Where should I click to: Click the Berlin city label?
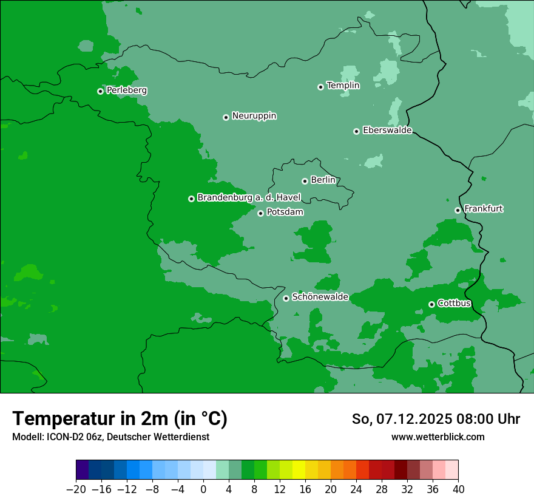point(323,180)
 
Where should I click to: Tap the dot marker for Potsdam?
point(260,213)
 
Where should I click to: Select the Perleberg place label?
point(126,90)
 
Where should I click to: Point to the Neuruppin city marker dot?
point(226,117)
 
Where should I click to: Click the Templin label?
point(343,86)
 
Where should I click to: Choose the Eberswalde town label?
point(387,131)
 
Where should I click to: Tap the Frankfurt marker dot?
point(458,210)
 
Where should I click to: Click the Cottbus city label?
point(454,303)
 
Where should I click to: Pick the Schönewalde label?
point(320,297)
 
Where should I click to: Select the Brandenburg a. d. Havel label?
point(249,198)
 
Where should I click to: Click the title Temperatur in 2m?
point(120,419)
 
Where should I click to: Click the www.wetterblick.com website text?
point(438,437)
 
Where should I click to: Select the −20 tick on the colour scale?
point(76,489)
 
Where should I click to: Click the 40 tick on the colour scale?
point(458,489)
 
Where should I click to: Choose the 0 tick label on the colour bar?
point(203,489)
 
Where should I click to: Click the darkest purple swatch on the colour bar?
point(82,470)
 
